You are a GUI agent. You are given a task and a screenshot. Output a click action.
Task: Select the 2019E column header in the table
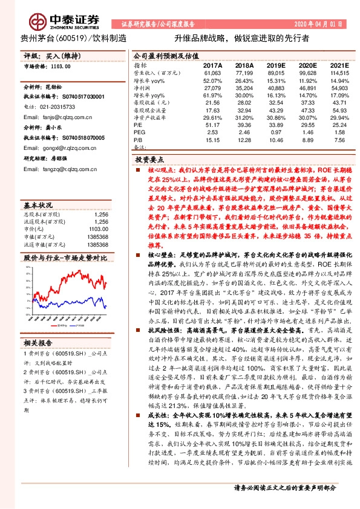click(x=277, y=65)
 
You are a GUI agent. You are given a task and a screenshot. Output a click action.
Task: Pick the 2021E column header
click(x=340, y=65)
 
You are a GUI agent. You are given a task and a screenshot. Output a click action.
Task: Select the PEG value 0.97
click(x=277, y=132)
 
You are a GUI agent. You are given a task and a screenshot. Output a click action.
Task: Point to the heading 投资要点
click(x=149, y=160)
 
